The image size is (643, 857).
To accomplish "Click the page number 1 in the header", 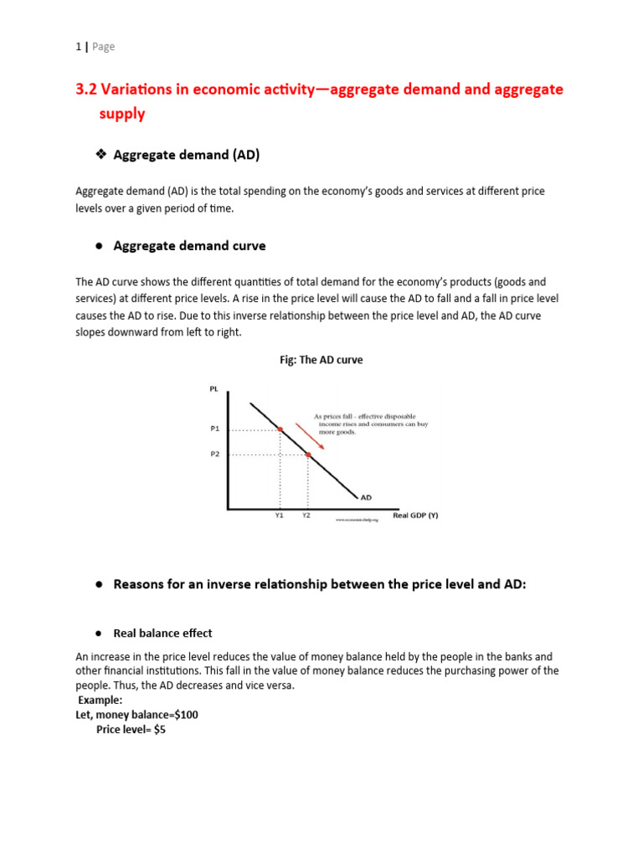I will (x=78, y=47).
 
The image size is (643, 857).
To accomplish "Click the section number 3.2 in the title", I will (x=89, y=90).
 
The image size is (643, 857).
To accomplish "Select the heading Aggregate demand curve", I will (x=189, y=245).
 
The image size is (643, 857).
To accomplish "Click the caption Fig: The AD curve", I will (x=321, y=360).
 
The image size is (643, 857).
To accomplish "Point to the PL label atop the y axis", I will (x=213, y=388).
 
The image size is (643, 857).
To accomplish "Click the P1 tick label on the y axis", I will (x=214, y=428).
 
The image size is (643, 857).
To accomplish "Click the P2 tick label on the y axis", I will (x=214, y=454).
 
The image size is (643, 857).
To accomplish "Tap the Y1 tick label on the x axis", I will (x=280, y=516).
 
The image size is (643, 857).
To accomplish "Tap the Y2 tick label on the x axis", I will (x=306, y=516).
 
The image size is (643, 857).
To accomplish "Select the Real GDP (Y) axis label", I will (x=415, y=516).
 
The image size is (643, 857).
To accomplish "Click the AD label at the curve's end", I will (x=366, y=497).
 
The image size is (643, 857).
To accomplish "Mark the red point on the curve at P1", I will (x=280, y=429).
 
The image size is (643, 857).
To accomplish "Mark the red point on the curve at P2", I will (x=308, y=454).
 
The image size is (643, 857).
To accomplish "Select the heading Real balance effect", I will (x=162, y=634).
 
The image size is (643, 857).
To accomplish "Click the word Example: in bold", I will (x=100, y=700).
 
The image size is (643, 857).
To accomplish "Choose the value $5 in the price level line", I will (x=160, y=729).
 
